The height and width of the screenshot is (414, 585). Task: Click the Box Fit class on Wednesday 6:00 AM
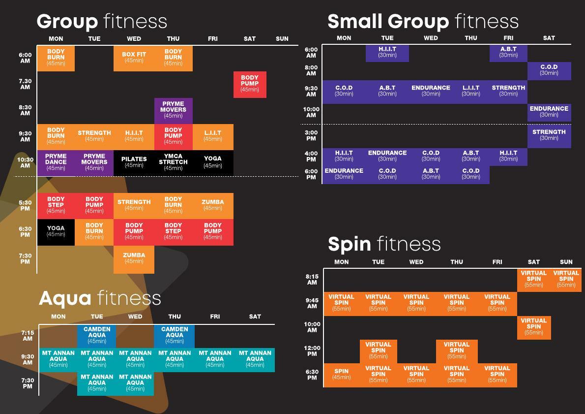tap(134, 58)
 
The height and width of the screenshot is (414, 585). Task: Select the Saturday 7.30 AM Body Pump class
tap(250, 84)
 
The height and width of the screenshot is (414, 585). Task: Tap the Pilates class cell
tap(134, 162)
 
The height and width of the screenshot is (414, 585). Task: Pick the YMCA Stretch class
tap(173, 162)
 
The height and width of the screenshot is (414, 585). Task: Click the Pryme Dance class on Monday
tap(56, 162)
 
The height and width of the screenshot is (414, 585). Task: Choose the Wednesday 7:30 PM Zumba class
tap(134, 258)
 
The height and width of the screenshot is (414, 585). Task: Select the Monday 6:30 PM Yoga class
tap(56, 231)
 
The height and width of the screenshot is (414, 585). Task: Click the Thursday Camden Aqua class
tap(175, 335)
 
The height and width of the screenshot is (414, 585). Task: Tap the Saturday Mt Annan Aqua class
tap(255, 359)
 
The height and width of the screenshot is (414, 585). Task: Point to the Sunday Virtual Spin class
tap(566, 279)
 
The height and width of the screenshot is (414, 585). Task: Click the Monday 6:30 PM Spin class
tap(341, 375)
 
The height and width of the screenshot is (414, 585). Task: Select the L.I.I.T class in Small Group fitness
tap(470, 91)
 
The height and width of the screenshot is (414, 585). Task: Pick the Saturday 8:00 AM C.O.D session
tap(549, 70)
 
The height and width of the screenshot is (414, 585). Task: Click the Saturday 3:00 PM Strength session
tap(549, 135)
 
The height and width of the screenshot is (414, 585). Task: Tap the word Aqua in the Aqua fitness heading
tap(65, 298)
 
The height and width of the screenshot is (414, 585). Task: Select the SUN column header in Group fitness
tap(282, 39)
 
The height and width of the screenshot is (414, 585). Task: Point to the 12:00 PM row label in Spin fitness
tap(312, 350)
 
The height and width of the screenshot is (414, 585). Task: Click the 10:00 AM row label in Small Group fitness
tap(311, 112)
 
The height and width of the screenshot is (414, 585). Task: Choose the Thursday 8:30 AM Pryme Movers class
tap(173, 110)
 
